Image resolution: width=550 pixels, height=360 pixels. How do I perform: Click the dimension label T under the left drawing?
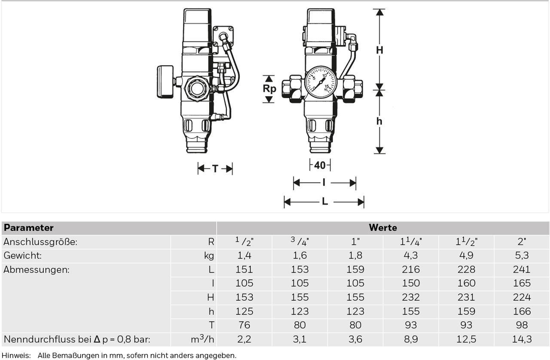coord(215,169)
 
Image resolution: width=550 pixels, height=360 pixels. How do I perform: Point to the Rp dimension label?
coord(269,88)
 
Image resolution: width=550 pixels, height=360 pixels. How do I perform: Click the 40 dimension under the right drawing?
coord(320,165)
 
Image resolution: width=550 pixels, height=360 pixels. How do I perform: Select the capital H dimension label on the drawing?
coord(379,50)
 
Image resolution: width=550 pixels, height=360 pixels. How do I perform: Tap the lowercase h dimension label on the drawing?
coord(379,121)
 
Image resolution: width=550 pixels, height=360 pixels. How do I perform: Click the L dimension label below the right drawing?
coord(324,201)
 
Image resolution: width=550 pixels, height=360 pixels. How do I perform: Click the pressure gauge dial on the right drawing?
coord(321,82)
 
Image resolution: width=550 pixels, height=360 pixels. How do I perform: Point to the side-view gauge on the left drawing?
coord(165,82)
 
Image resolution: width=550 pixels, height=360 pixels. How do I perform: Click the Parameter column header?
coord(29,228)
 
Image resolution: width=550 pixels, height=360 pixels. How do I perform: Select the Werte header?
coord(383,228)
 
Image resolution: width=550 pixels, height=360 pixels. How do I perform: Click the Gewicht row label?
coord(23,256)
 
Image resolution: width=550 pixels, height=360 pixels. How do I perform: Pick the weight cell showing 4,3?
coord(411,256)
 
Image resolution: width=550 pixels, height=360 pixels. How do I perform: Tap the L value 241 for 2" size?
coord(522,269)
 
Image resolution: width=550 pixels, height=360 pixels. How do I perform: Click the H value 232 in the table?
coord(411,297)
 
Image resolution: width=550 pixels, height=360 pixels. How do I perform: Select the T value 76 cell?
coord(244,325)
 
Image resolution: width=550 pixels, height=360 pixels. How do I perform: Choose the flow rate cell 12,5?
coord(466,339)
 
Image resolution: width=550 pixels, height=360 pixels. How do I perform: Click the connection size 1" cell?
coord(355,242)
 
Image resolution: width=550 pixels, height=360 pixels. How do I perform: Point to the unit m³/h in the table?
coord(202,339)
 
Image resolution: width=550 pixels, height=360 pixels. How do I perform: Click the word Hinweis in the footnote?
coord(16,355)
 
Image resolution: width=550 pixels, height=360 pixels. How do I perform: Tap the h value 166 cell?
coord(522,311)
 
